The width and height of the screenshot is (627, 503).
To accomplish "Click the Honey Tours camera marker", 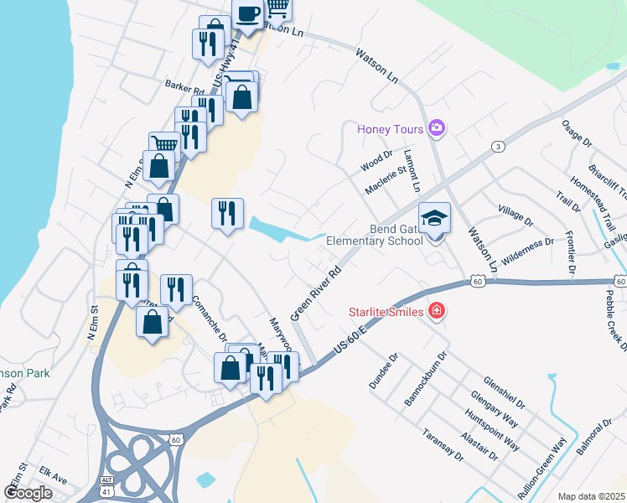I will (x=436, y=128).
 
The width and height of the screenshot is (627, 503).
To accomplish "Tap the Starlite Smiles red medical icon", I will (x=436, y=312).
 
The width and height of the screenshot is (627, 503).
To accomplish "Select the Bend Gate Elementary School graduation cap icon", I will (x=434, y=219).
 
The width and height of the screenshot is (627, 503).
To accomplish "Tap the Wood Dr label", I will (x=377, y=160).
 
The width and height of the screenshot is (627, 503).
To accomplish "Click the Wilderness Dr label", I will (x=526, y=250).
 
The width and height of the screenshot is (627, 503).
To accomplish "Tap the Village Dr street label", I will (x=516, y=215).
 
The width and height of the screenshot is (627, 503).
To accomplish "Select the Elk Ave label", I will (x=53, y=480).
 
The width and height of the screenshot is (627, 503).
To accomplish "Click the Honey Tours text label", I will (x=391, y=129).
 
